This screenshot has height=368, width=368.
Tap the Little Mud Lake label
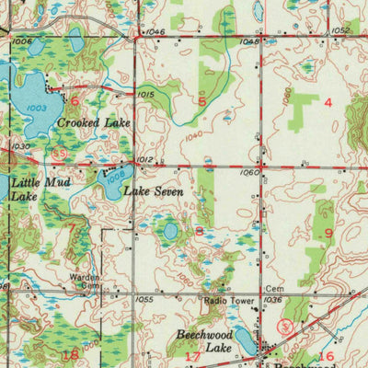(x=33, y=189)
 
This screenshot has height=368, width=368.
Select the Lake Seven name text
(x=153, y=192)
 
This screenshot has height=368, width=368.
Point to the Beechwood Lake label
(x=205, y=343)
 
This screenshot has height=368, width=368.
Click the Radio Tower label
(x=227, y=300)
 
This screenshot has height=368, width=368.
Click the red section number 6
(x=74, y=101)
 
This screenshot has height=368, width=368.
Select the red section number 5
(x=201, y=101)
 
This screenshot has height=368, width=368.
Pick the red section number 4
(x=328, y=102)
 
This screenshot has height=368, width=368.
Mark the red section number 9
(x=328, y=233)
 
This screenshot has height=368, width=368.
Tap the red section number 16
(x=326, y=355)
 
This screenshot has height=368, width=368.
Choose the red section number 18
(x=69, y=354)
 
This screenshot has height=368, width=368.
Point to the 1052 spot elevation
(x=340, y=30)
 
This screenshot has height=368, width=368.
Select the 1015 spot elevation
(x=145, y=94)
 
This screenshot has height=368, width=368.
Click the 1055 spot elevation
(x=143, y=300)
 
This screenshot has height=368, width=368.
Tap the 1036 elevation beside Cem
(x=271, y=300)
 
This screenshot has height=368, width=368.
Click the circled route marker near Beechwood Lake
(x=285, y=327)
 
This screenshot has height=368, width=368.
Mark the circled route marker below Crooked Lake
(x=58, y=155)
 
